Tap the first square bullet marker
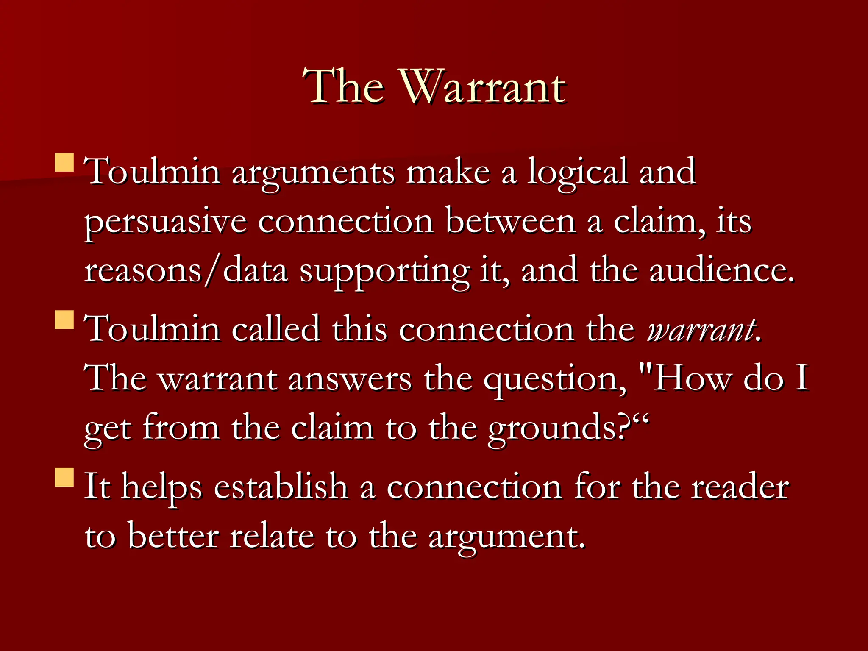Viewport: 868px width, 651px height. click(x=64, y=162)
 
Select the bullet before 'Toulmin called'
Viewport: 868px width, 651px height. click(x=64, y=320)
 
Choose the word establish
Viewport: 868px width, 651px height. click(x=281, y=487)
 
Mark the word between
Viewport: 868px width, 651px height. click(x=510, y=221)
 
